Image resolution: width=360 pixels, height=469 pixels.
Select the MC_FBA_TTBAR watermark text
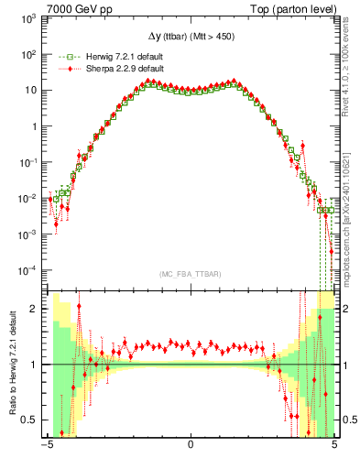click(x=191, y=275)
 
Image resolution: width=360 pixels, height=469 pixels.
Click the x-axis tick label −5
click(x=46, y=446)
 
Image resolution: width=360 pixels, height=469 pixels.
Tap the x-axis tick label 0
click(x=191, y=446)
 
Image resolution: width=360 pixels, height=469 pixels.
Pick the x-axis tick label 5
click(x=333, y=446)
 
